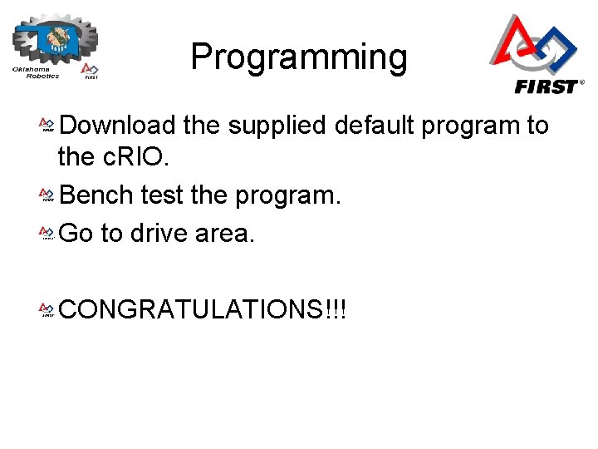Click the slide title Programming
point(299,57)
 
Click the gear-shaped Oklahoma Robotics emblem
point(56,37)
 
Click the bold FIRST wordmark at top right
point(546,86)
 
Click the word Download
point(118,126)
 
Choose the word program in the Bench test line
point(288,196)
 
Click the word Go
point(76,234)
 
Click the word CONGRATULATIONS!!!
point(203,310)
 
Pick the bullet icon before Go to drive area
point(47,234)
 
